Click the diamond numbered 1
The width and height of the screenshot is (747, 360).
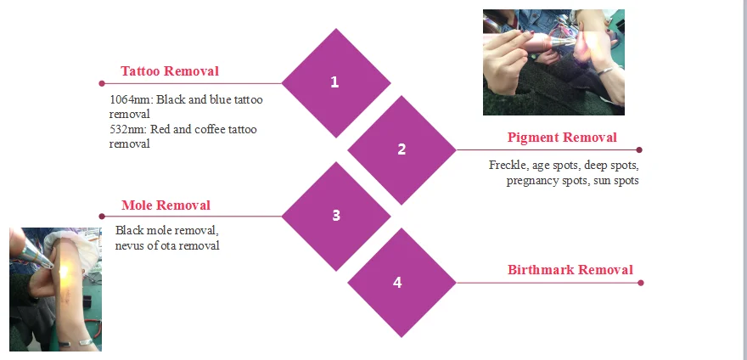[335, 82]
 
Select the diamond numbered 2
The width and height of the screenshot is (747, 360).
[402, 149]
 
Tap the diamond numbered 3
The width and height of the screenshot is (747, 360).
[335, 216]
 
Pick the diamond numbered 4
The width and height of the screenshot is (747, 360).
[397, 283]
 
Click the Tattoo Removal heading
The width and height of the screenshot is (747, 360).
[170, 71]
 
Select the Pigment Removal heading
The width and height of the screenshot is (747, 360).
[562, 138]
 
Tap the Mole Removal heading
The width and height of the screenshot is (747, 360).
[166, 205]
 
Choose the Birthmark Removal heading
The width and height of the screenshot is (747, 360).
[570, 271]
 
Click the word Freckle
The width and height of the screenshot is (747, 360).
[508, 165]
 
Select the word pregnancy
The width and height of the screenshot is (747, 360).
[533, 181]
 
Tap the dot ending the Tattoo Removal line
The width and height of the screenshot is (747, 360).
[102, 83]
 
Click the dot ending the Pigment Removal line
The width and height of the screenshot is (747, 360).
[639, 149]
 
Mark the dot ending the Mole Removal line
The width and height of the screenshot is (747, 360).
[102, 216]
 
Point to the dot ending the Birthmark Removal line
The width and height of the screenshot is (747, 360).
[640, 283]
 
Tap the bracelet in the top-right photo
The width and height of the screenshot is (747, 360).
[605, 70]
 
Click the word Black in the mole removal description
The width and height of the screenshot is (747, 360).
[130, 231]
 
